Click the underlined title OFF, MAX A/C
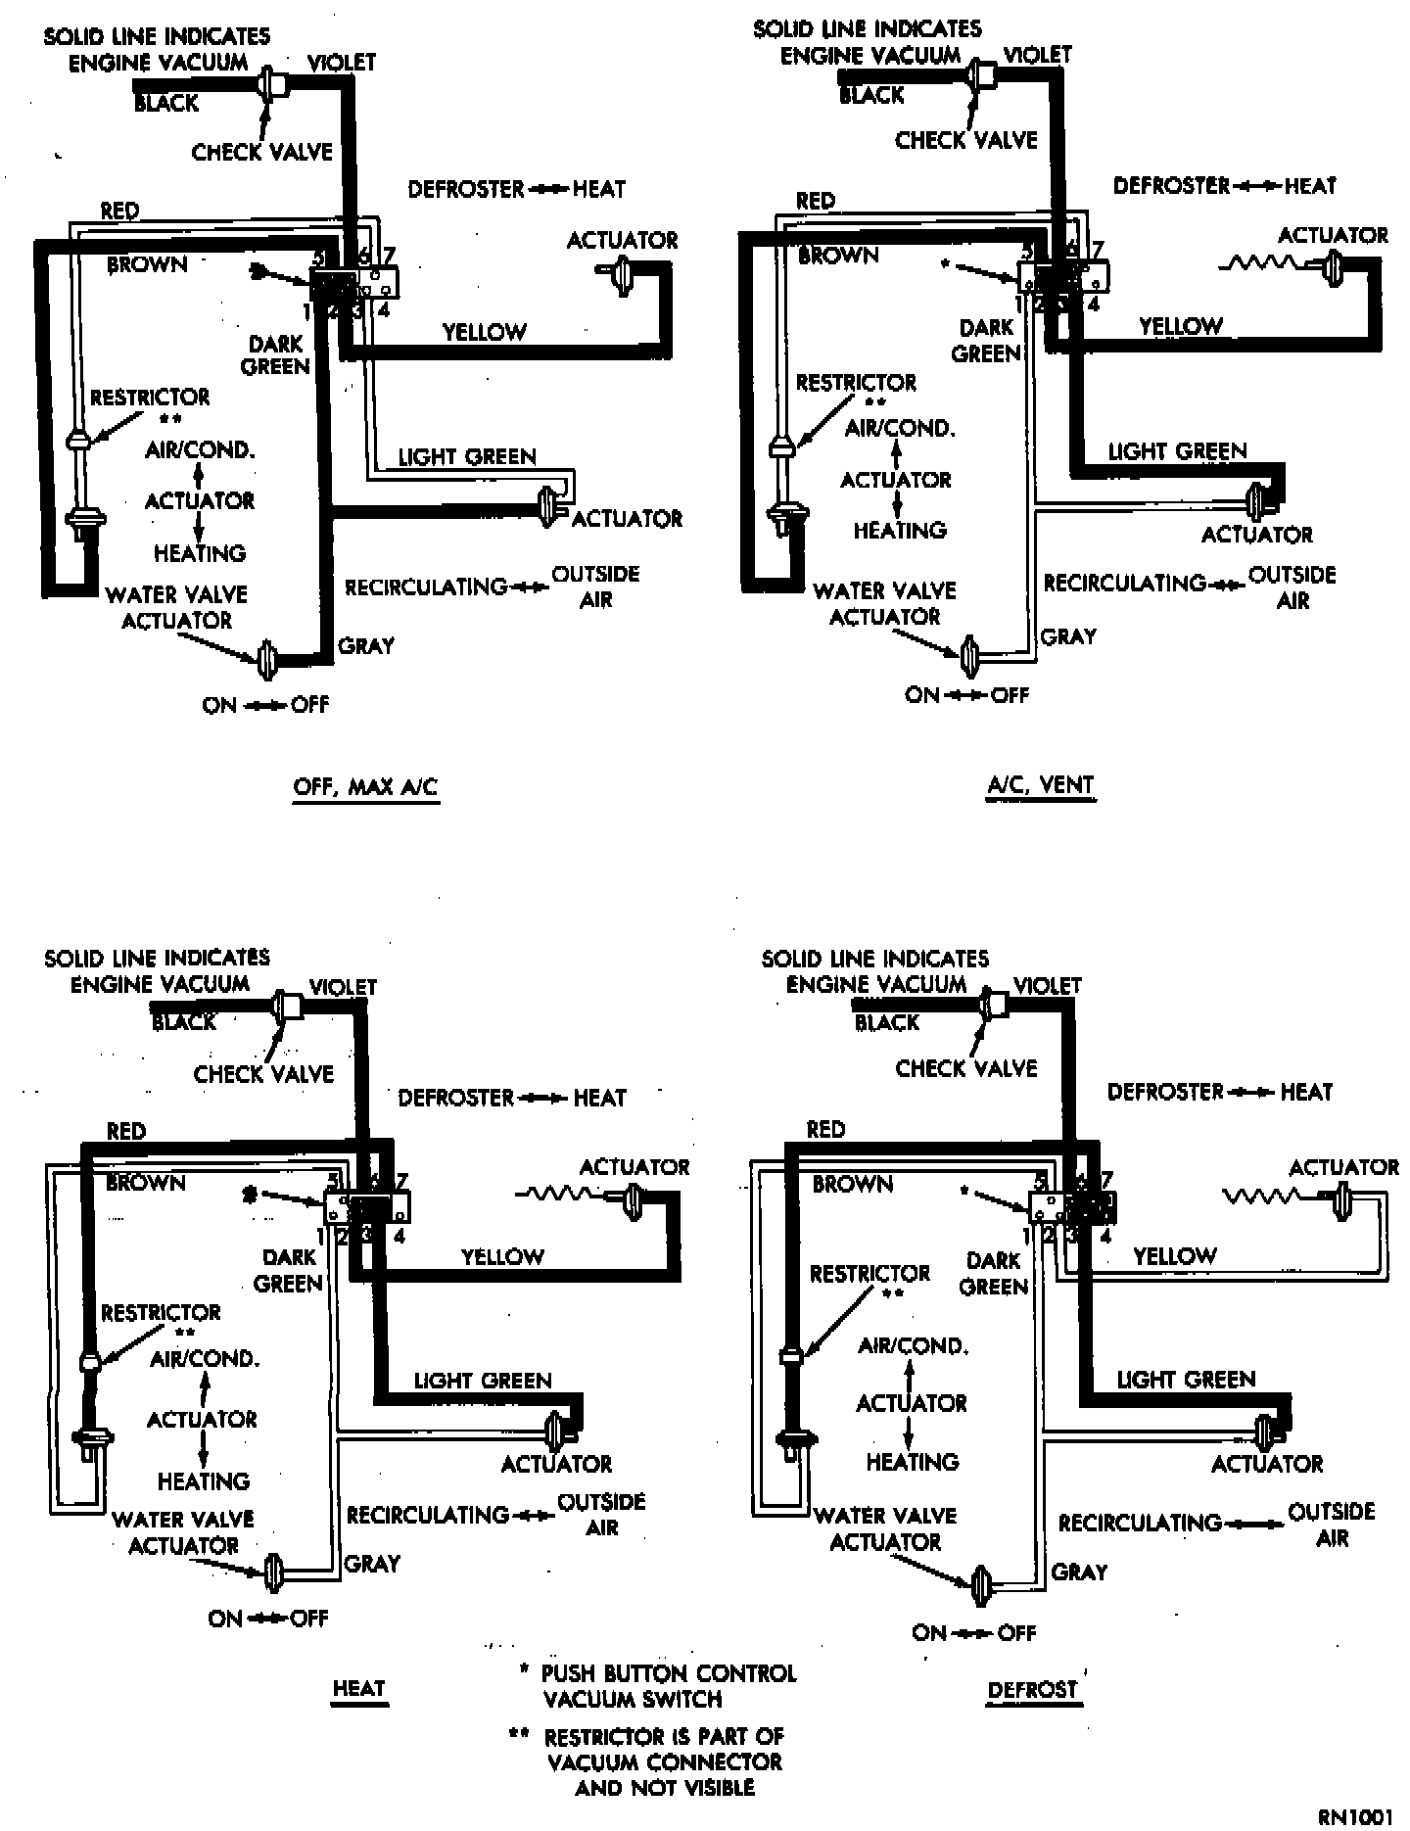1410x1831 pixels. tap(365, 787)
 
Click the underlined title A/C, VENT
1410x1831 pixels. tap(1040, 784)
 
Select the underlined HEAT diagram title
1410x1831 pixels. tap(359, 1688)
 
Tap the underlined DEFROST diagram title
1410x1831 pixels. tap(1033, 1690)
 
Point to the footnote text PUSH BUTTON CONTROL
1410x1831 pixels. tap(669, 1673)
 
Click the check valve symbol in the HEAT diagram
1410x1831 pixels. tap(286, 1007)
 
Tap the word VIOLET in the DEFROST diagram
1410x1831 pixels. tap(1047, 986)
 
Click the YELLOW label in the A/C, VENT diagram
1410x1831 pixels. tap(1181, 326)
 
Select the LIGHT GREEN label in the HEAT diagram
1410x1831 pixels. tap(483, 1381)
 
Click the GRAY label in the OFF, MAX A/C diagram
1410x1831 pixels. tap(365, 646)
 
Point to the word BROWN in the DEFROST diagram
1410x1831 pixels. tap(853, 1184)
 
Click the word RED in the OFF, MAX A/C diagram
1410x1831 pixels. tap(119, 211)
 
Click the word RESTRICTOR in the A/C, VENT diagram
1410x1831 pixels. tap(856, 383)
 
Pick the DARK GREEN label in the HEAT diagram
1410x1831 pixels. tap(289, 1270)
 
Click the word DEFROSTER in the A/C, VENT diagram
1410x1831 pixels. tap(1171, 185)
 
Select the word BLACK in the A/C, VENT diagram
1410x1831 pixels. tap(871, 95)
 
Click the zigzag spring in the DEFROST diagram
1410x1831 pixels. tap(1261, 1197)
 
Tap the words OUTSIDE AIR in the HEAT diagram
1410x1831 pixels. tap(601, 1514)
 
